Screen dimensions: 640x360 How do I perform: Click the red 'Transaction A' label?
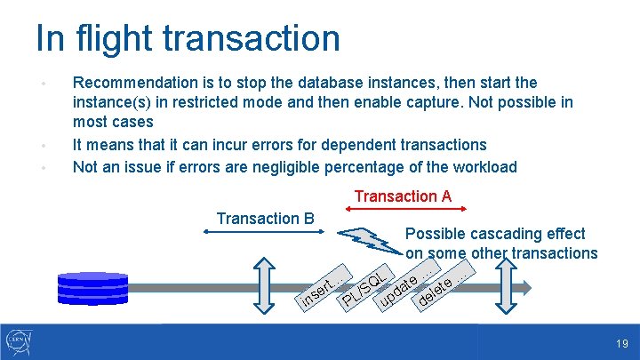tap(403, 196)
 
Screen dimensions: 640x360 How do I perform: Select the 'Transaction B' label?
tap(265, 218)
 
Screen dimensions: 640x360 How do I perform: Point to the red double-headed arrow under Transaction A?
tap(406, 209)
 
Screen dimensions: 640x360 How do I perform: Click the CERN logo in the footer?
tap(20, 341)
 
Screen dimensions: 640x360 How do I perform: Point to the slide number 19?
tap(622, 343)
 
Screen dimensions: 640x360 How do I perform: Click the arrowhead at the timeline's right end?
tap(525, 286)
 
